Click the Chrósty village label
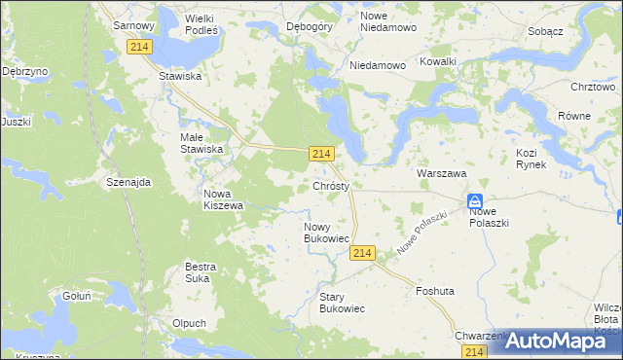(338, 185)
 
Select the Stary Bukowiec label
(342, 302)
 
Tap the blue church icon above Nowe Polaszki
(475, 198)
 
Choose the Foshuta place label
(435, 291)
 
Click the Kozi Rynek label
(531, 159)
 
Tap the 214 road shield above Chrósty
(323, 154)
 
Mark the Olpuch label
(188, 323)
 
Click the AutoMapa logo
(552, 341)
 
